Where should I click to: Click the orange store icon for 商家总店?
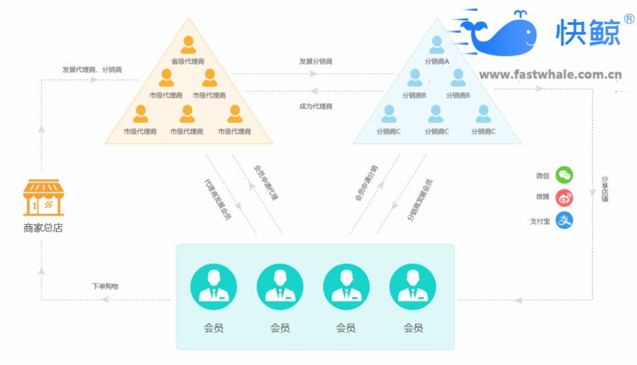point(43,197)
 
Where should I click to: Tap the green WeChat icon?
point(564,175)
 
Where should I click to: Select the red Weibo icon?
point(564,197)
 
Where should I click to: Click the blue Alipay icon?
point(564,220)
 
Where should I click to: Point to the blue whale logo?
point(503,37)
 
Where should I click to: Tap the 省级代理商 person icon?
point(188,45)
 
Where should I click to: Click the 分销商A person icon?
point(436,45)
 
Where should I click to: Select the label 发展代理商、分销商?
point(92,69)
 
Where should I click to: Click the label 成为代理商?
point(316,106)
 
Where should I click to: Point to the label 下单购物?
point(105,286)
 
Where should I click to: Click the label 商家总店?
point(43,228)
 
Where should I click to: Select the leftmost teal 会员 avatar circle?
point(213,287)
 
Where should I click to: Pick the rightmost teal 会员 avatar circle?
point(413,287)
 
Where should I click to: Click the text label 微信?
point(542,176)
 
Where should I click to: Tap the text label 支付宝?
point(540,221)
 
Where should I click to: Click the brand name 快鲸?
point(588,32)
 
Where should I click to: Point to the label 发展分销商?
point(316,61)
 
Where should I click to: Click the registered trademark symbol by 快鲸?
point(628,20)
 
